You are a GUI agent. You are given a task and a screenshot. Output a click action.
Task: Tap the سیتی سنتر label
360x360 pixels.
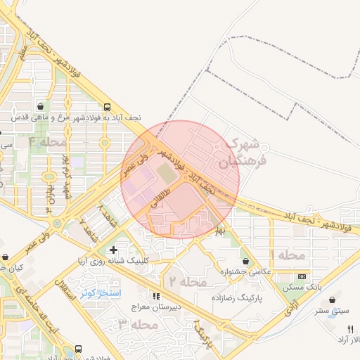pos(332,310)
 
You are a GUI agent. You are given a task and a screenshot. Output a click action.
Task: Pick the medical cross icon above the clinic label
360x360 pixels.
pos(113,250)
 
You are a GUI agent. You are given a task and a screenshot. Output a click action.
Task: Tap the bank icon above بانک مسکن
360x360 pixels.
pos(302,277)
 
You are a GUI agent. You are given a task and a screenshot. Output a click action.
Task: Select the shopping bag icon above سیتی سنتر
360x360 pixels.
pos(332,300)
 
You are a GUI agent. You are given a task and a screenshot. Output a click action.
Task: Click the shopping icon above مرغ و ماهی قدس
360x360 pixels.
pos(41,106)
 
